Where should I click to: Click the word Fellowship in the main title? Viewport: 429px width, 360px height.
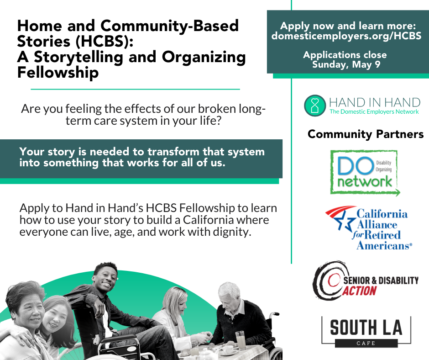(58, 73)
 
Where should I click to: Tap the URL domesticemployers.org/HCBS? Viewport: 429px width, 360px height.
(346, 36)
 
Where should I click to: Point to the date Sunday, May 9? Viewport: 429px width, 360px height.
(346, 65)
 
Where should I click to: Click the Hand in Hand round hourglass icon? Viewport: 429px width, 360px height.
(315, 106)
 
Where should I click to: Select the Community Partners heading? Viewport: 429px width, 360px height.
(366, 134)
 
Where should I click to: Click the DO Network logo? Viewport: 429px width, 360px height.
(365, 173)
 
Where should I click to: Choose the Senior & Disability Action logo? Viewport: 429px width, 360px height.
(366, 281)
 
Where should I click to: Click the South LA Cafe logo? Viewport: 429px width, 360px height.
(366, 332)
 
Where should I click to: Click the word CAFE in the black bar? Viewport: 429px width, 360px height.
(366, 343)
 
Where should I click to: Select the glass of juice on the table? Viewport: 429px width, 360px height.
(240, 340)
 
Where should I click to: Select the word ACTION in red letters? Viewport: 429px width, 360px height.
(360, 291)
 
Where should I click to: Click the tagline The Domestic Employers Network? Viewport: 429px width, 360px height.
(374, 112)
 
